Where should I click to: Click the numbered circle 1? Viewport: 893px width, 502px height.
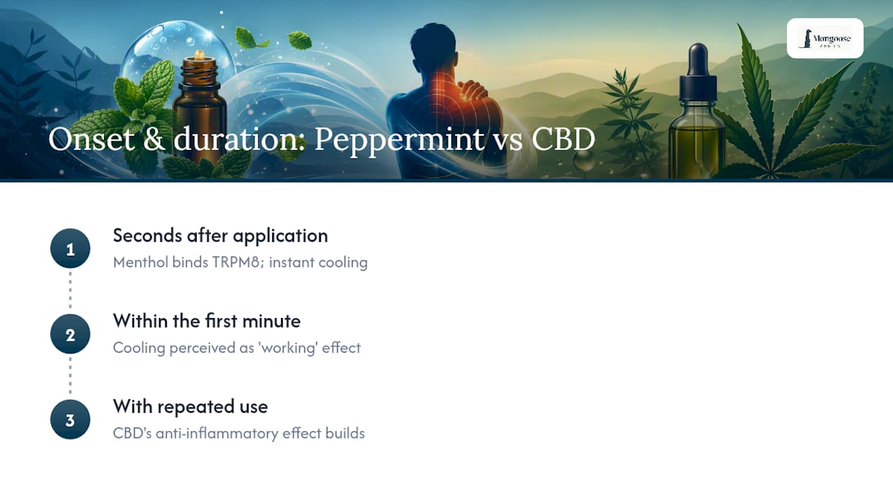(x=70, y=249)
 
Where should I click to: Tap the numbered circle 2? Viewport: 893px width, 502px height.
(x=70, y=334)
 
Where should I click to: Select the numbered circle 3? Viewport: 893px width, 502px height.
(x=70, y=420)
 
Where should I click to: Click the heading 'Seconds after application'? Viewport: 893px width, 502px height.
(x=220, y=236)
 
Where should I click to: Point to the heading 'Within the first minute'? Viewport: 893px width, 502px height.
(x=207, y=321)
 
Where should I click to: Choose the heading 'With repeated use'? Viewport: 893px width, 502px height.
(x=190, y=406)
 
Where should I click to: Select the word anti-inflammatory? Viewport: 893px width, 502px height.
(x=217, y=434)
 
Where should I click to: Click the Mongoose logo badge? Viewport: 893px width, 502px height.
(x=825, y=38)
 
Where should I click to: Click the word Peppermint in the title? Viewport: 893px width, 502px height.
(x=400, y=140)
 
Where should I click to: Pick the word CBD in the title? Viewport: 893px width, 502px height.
(x=563, y=139)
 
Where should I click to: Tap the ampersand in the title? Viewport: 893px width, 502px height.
(x=154, y=139)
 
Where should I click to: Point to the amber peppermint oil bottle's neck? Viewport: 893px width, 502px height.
(x=199, y=72)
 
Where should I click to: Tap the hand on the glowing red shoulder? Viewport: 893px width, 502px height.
(x=474, y=91)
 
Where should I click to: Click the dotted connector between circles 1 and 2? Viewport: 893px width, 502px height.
(x=70, y=290)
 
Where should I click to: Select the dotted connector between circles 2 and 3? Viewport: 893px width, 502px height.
(x=70, y=376)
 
